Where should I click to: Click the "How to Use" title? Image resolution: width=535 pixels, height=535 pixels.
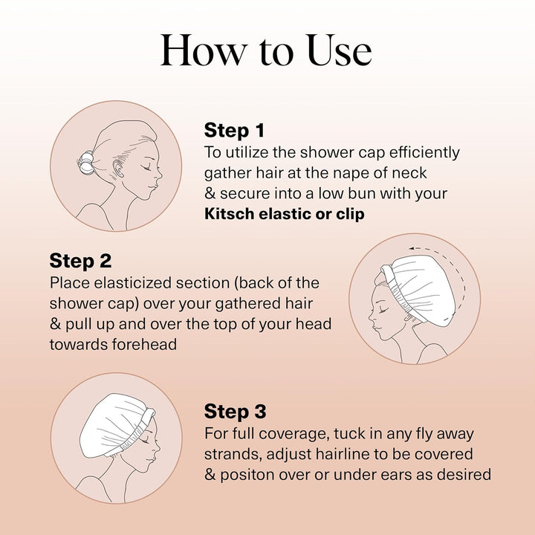(266, 51)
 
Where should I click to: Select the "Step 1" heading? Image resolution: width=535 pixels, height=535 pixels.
(234, 131)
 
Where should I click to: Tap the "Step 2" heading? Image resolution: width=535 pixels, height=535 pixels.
(81, 261)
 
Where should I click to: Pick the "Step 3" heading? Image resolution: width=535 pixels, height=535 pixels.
(235, 412)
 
